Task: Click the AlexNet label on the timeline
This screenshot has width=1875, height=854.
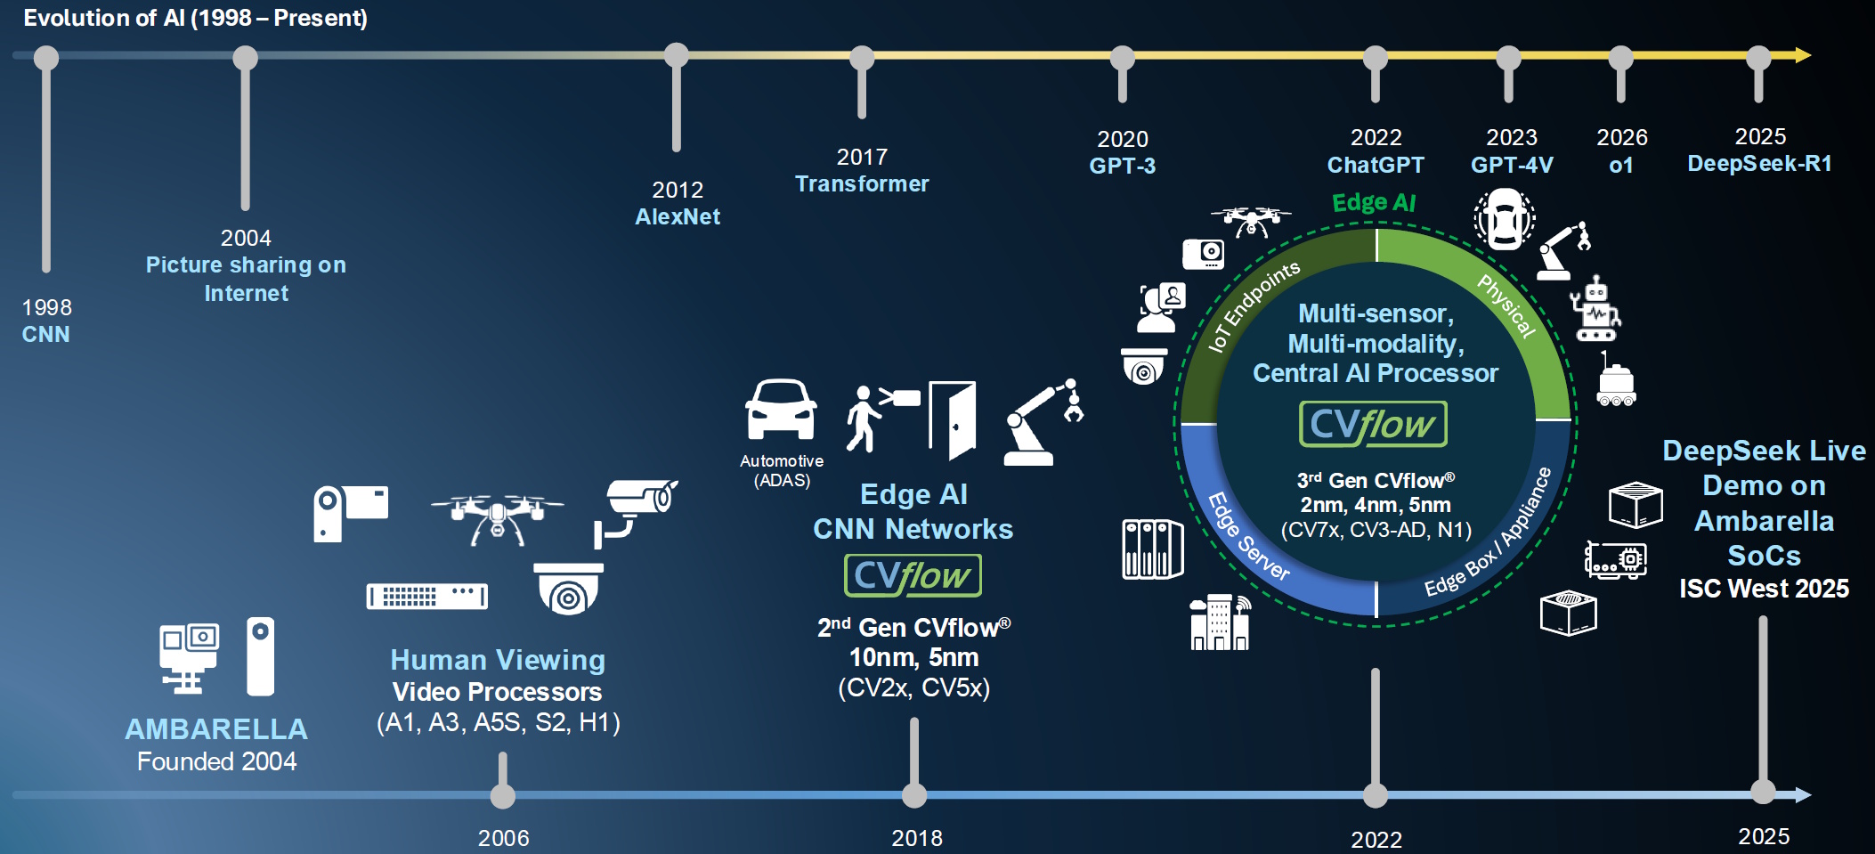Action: click(678, 216)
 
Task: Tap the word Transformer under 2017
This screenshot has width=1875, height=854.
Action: click(862, 183)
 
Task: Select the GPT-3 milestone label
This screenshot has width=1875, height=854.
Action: click(1122, 166)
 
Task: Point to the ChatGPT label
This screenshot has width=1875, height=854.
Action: click(1376, 165)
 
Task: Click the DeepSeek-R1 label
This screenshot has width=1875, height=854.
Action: click(1759, 163)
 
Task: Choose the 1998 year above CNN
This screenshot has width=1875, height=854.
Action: click(46, 307)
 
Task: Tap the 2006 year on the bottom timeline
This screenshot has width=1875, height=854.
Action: click(503, 838)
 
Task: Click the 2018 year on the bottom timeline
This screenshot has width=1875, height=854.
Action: click(917, 838)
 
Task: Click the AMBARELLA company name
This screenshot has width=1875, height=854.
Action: click(216, 729)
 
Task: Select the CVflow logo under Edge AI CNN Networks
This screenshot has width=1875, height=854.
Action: click(913, 576)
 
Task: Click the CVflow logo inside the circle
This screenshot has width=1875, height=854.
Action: click(1373, 425)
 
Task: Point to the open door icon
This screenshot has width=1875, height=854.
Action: click(953, 419)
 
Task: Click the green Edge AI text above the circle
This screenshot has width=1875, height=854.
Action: click(1373, 203)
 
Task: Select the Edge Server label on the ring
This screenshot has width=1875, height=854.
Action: click(1247, 537)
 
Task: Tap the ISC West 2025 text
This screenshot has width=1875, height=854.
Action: click(1764, 589)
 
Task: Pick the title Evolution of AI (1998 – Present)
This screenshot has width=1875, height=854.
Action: click(195, 18)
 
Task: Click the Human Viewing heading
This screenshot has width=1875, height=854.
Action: click(498, 660)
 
